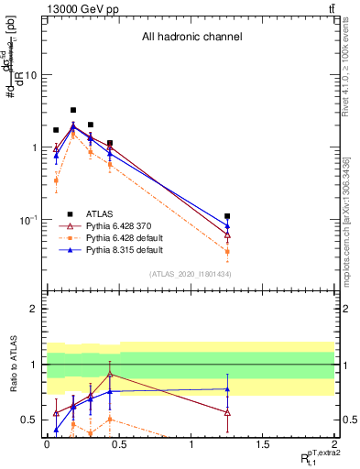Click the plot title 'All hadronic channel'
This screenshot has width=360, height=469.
[x=191, y=38]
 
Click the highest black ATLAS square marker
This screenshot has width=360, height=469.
[x=73, y=110]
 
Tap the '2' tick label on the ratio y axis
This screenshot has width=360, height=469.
[x=34, y=310]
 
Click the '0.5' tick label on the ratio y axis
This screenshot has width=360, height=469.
[x=29, y=420]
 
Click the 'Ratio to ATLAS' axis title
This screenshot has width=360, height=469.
[x=11, y=365]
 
